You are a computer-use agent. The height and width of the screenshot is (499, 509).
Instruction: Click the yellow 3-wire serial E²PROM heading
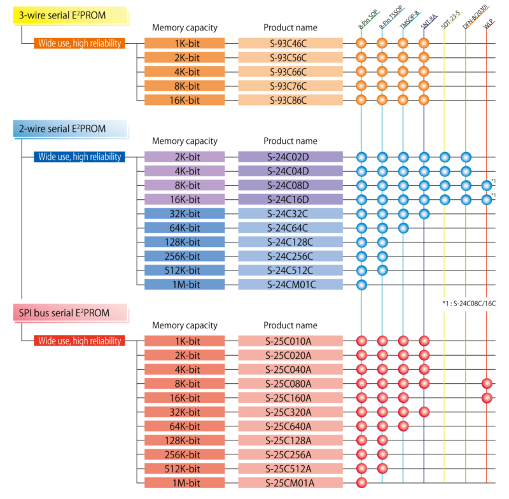pos(70,15)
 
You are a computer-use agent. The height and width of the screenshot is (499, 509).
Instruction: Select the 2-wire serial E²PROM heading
pos(70,129)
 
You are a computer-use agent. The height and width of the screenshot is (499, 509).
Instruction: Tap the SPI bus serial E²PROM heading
pos(70,313)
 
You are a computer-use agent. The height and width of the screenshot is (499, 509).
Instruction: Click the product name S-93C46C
pos(290,43)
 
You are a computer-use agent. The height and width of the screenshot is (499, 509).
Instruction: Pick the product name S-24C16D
pos(290,199)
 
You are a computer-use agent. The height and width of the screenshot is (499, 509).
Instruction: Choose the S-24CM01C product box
pos(290,285)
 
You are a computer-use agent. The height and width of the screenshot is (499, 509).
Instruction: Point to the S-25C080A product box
pos(290,384)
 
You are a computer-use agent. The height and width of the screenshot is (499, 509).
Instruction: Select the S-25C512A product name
pos(290,469)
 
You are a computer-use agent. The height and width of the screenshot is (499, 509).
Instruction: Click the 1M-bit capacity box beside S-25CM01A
pos(185,483)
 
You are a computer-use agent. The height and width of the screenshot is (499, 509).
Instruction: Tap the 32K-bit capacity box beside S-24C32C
pos(185,214)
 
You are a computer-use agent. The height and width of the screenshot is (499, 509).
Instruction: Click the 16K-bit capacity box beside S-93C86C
pos(185,100)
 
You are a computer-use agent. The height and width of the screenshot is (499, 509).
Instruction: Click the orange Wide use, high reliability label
pos(80,43)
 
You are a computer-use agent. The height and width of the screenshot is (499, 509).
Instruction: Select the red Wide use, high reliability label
pos(80,341)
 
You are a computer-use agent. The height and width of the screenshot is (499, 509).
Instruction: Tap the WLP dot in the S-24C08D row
pos(487,185)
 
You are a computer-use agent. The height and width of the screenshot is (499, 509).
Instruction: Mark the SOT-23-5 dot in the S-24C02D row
pos(445,157)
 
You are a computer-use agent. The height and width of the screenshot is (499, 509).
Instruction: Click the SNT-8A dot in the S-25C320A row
pos(424,412)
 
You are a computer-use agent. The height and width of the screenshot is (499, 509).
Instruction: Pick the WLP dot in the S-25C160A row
pos(487,398)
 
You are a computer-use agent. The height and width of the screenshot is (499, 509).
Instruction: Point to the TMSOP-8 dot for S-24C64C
pos(403,228)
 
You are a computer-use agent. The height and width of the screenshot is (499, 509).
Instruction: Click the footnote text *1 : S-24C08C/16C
pos(469,304)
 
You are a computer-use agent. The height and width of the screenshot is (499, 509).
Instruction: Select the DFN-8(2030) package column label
pos(475,17)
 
